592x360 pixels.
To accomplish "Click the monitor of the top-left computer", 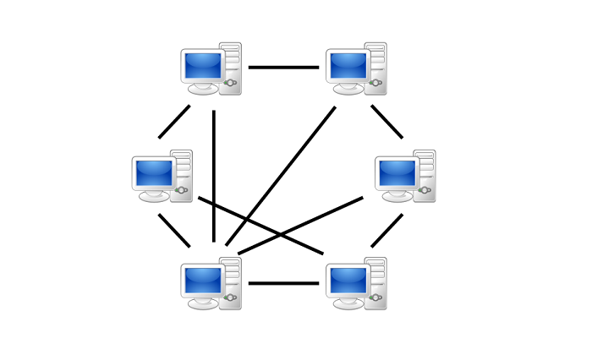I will (203, 66).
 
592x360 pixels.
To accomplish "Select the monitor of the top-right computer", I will (348, 66).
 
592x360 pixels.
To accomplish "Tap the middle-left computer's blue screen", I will (154, 173).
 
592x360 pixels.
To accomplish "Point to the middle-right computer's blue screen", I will (397, 173).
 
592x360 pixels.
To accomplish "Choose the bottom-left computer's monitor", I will (203, 281).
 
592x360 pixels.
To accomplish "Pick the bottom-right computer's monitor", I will (348, 281).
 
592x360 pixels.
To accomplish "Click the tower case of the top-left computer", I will (230, 68).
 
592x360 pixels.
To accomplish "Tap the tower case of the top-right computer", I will (375, 68).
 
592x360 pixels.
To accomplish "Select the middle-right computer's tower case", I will (424, 176).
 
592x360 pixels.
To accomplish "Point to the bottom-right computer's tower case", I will (375, 283).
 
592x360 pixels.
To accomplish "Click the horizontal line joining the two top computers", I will (283, 68).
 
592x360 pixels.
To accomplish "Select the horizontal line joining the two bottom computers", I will (283, 283).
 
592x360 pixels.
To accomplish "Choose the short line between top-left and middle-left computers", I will (174, 122).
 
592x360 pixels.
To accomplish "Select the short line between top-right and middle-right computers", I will (386, 122).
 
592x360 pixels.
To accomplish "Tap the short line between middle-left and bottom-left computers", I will (174, 230).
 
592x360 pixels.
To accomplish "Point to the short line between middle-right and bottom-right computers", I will (386, 230).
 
